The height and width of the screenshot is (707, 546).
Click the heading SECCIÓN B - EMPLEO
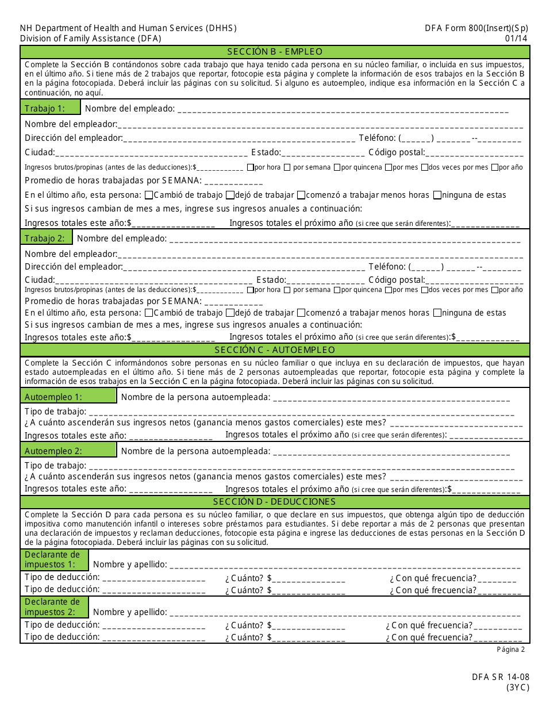pyautogui.click(x=275, y=52)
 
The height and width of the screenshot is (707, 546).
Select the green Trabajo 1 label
pyautogui.click(x=44, y=108)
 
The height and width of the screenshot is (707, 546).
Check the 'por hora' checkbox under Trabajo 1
pyautogui.click(x=251, y=168)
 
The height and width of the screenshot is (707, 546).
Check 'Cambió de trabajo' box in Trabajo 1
pyautogui.click(x=149, y=195)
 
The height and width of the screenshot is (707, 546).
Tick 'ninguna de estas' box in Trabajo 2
pyautogui.click(x=437, y=313)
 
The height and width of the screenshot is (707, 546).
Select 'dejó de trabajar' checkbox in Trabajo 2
pyautogui.click(x=230, y=313)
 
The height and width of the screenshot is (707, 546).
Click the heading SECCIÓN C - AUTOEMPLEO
pyautogui.click(x=275, y=350)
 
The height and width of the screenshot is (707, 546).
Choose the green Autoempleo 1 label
pyautogui.click(x=53, y=397)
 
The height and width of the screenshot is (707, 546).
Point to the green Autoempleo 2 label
pyautogui.click(x=53, y=451)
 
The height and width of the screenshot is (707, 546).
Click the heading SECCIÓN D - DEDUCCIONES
pyautogui.click(x=275, y=502)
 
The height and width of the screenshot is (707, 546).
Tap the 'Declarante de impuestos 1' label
pyautogui.click(x=52, y=559)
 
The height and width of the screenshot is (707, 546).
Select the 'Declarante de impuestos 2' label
pyautogui.click(x=52, y=607)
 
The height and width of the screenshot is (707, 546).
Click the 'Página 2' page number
pyautogui.click(x=511, y=650)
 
